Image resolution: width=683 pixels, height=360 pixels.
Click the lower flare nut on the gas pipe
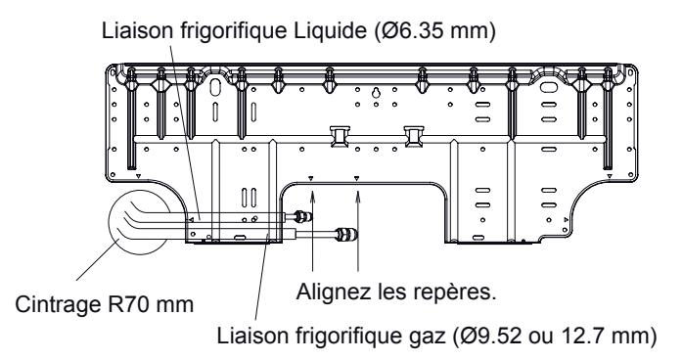(345, 235)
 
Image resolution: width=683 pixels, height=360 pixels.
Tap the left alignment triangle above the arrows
(310, 179)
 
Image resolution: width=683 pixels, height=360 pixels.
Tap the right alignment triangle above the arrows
(357, 179)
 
